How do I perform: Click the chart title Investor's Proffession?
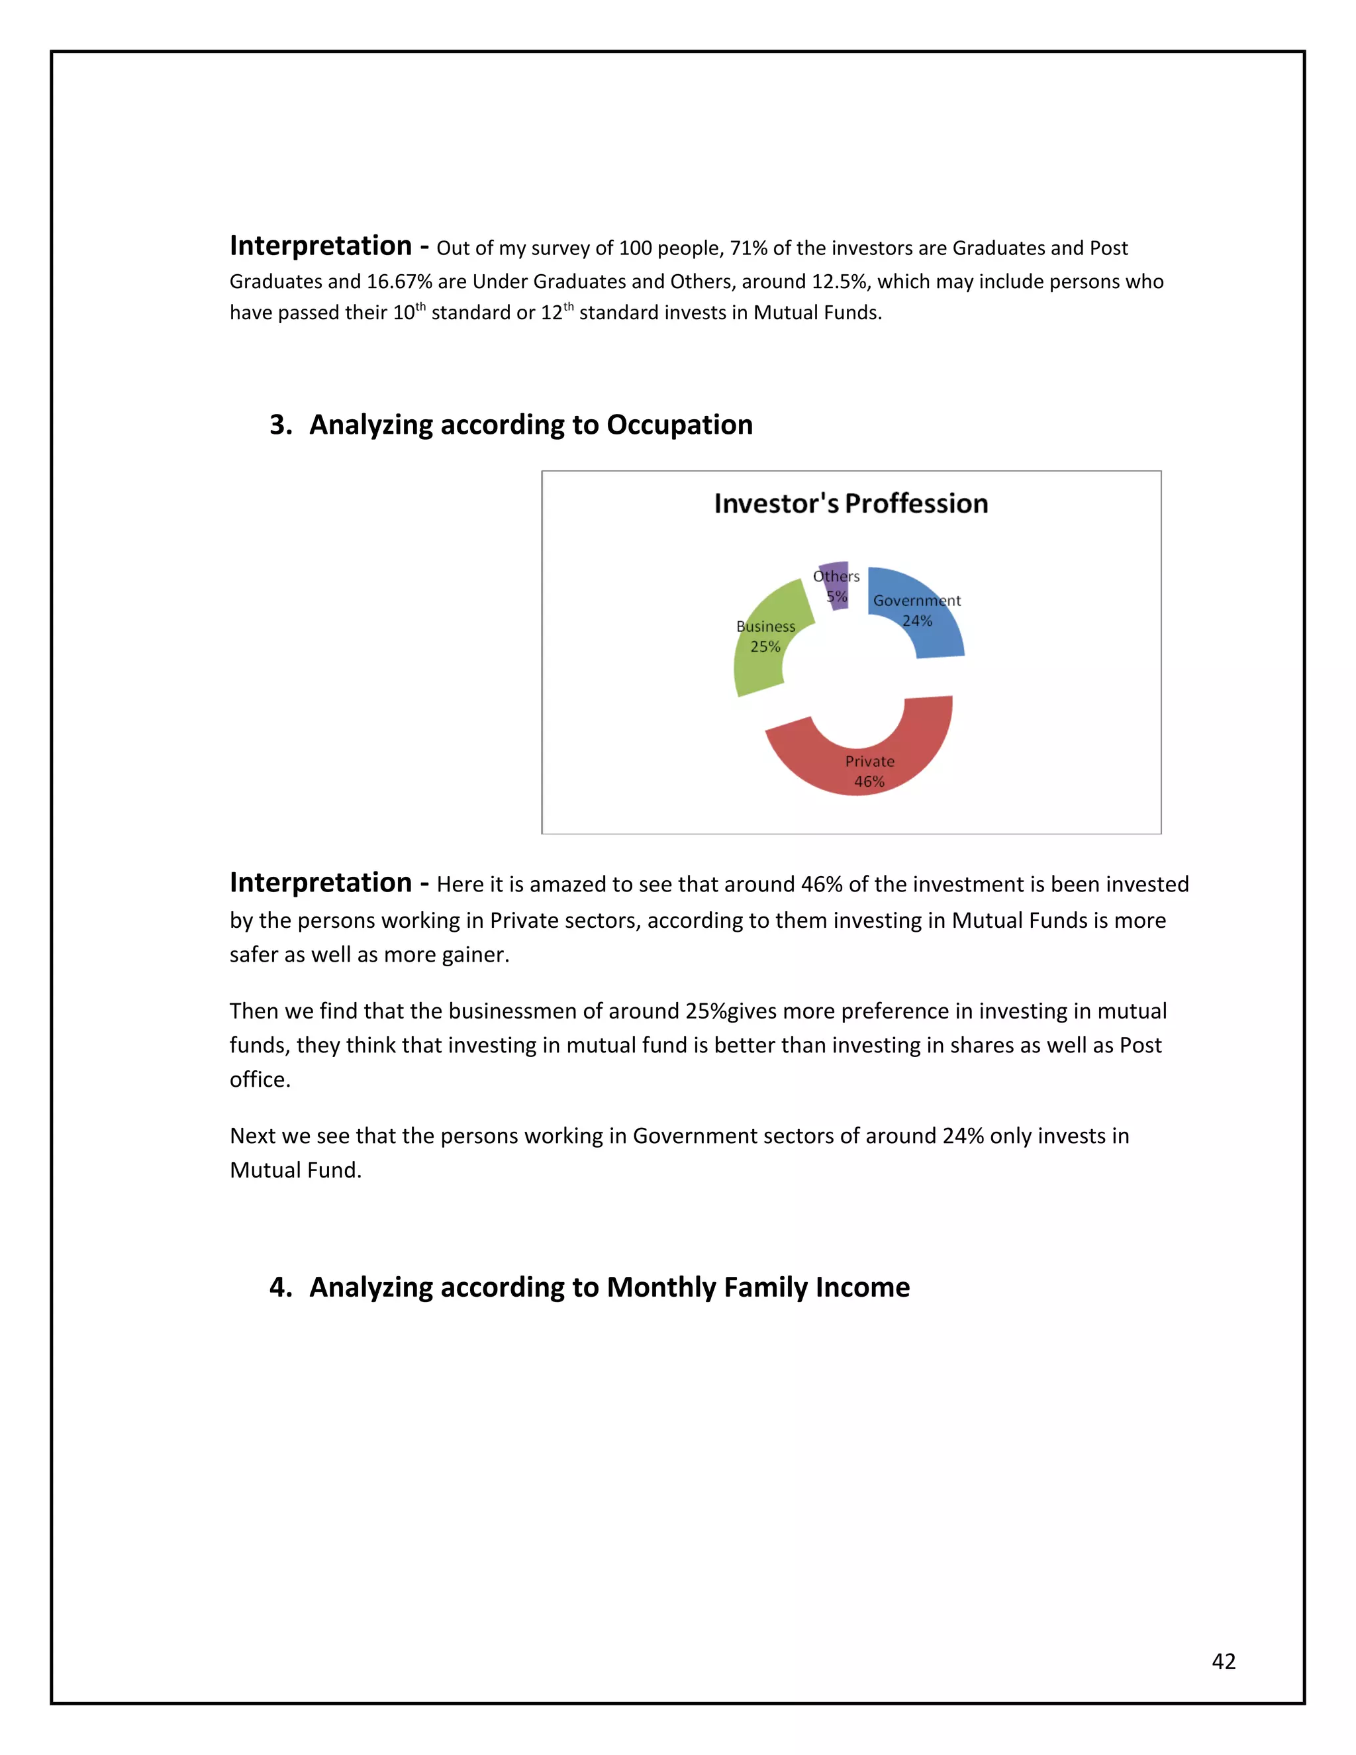pos(851,504)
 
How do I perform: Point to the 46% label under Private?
pos(869,782)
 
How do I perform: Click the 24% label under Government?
pos(916,621)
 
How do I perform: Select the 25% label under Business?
pos(765,647)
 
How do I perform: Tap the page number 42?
pos(1224,1661)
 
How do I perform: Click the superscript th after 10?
pos(420,306)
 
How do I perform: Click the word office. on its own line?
pos(260,1079)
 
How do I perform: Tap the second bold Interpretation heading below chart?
pos(320,883)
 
